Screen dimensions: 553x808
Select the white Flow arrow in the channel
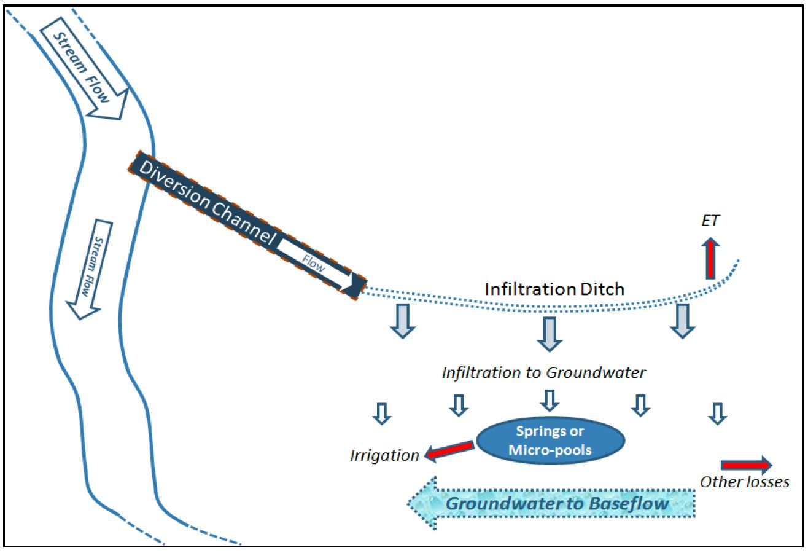click(319, 267)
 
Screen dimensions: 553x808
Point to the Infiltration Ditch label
click(554, 288)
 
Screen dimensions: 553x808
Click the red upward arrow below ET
click(710, 257)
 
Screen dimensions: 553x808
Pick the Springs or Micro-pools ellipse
click(550, 440)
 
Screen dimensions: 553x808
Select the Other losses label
click(744, 482)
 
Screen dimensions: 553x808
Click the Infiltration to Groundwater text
click(543, 372)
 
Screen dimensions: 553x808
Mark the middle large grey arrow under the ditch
click(549, 332)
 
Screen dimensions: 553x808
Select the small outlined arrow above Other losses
click(716, 413)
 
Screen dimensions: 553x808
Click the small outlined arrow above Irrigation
click(382, 414)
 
